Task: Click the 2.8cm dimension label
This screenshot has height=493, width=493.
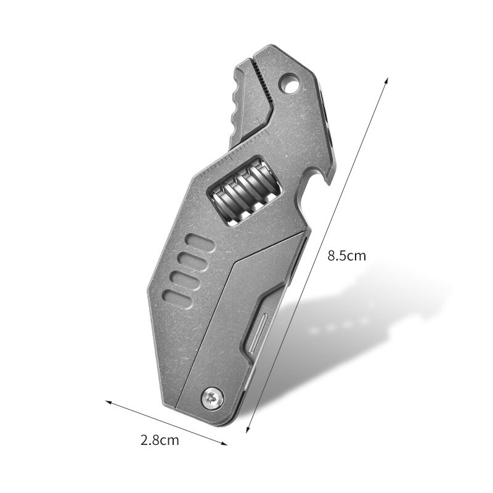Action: [x=160, y=440]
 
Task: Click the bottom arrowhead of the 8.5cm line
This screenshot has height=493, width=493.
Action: [x=247, y=431]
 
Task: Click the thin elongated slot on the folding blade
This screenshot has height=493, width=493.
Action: [x=258, y=329]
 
